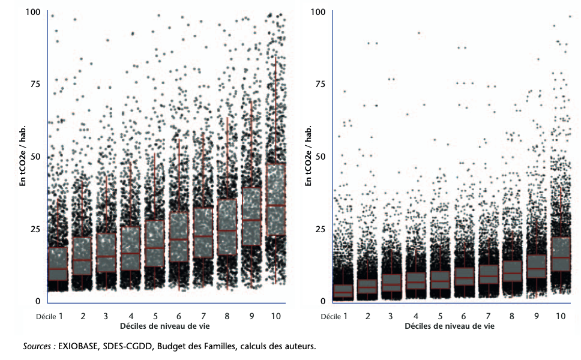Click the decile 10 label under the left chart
pyautogui.click(x=274, y=316)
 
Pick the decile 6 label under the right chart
pyautogui.click(x=463, y=316)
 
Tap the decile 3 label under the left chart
pyautogui.click(x=106, y=316)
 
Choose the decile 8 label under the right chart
pyautogui.click(x=512, y=316)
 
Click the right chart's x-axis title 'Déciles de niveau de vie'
pyautogui.click(x=450, y=326)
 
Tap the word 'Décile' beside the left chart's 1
pyautogui.click(x=46, y=316)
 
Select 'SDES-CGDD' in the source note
pyautogui.click(x=127, y=346)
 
